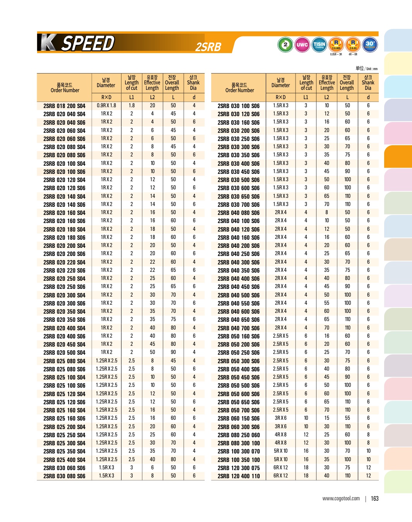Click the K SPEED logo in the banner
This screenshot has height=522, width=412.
tap(77, 43)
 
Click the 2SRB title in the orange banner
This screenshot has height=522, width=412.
tap(208, 47)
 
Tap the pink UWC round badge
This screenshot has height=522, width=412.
tap(302, 45)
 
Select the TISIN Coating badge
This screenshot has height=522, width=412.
tap(319, 45)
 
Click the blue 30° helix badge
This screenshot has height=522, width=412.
tap(370, 44)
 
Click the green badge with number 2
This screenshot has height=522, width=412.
tap(285, 45)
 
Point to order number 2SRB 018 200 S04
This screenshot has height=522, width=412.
tap(64, 106)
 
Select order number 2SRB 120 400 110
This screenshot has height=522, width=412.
tap(239, 476)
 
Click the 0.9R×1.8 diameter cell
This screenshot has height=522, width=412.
tap(106, 105)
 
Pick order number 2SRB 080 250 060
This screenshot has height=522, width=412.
tap(239, 435)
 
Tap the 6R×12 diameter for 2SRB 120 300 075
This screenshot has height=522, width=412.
tap(280, 467)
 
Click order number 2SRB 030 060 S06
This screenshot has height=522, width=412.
tap(64, 468)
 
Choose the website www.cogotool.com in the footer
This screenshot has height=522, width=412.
tap(341, 498)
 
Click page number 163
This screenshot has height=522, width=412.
tap(374, 498)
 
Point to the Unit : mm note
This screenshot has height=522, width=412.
tap(366, 69)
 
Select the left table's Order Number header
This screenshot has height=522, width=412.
tap(65, 88)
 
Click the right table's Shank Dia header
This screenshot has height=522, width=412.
tap(368, 82)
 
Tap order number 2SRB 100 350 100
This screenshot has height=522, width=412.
tap(239, 460)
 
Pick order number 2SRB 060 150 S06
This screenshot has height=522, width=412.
tap(239, 419)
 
